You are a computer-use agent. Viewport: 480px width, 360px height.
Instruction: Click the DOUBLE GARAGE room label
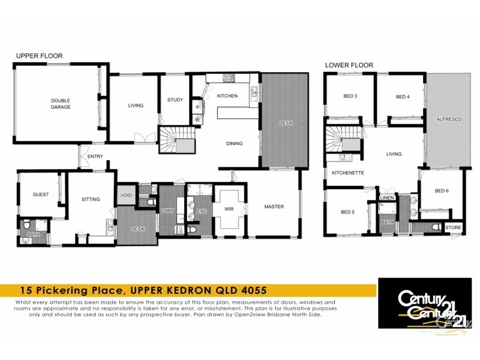click(x=60, y=104)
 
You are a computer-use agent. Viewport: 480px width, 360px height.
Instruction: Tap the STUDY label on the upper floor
click(x=175, y=100)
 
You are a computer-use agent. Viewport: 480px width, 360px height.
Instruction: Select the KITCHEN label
click(x=227, y=96)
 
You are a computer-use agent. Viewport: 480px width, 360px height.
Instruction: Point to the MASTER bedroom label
click(x=274, y=207)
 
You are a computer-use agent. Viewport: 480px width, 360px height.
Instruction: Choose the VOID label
click(x=126, y=196)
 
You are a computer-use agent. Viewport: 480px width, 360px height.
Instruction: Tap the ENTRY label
click(x=95, y=157)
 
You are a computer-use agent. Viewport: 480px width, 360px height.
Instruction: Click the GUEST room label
click(x=40, y=194)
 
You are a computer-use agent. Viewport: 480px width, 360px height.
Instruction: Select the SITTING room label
click(x=91, y=199)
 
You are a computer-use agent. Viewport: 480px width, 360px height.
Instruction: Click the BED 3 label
click(x=350, y=97)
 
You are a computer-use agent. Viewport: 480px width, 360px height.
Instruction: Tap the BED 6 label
click(x=442, y=191)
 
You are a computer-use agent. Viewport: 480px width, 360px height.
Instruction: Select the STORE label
click(x=453, y=228)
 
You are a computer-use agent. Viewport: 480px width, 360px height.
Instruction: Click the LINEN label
click(x=386, y=198)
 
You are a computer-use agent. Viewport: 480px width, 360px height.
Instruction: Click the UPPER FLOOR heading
click(x=39, y=56)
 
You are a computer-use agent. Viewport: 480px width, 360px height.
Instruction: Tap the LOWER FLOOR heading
click(x=349, y=65)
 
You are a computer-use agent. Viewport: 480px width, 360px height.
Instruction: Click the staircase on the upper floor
click(x=176, y=141)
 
